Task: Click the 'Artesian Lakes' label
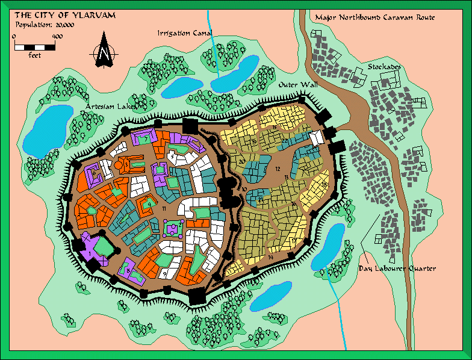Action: click(x=111, y=106)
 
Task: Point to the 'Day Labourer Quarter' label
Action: click(x=397, y=268)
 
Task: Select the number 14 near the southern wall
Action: click(x=271, y=257)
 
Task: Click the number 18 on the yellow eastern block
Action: click(x=324, y=184)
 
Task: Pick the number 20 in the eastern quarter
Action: click(x=241, y=161)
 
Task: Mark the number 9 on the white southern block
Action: click(x=164, y=275)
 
